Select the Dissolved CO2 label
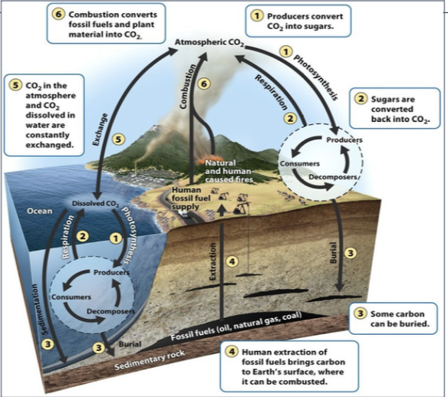pos(94,203)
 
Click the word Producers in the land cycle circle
pos(338,140)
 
